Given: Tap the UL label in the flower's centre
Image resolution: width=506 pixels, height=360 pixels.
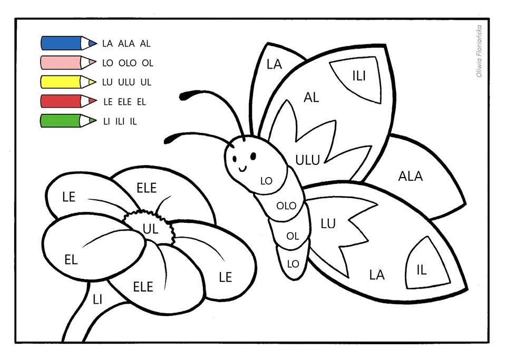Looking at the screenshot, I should [151, 228].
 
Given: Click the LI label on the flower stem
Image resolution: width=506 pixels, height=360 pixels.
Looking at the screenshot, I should [97, 299].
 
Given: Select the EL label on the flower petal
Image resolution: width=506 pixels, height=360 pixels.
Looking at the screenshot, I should [71, 260].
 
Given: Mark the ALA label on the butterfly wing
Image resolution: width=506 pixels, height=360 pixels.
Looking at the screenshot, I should [410, 177].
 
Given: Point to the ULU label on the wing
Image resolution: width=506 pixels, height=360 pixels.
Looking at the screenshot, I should [307, 160].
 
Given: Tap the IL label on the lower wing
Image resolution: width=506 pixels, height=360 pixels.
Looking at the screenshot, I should [421, 270].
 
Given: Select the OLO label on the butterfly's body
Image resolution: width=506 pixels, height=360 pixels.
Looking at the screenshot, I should [286, 206].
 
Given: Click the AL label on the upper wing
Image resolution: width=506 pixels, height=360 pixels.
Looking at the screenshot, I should [312, 97].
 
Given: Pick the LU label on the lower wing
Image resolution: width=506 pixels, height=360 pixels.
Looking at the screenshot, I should [328, 223].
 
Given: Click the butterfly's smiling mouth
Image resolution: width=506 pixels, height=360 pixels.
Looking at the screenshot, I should [244, 168].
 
